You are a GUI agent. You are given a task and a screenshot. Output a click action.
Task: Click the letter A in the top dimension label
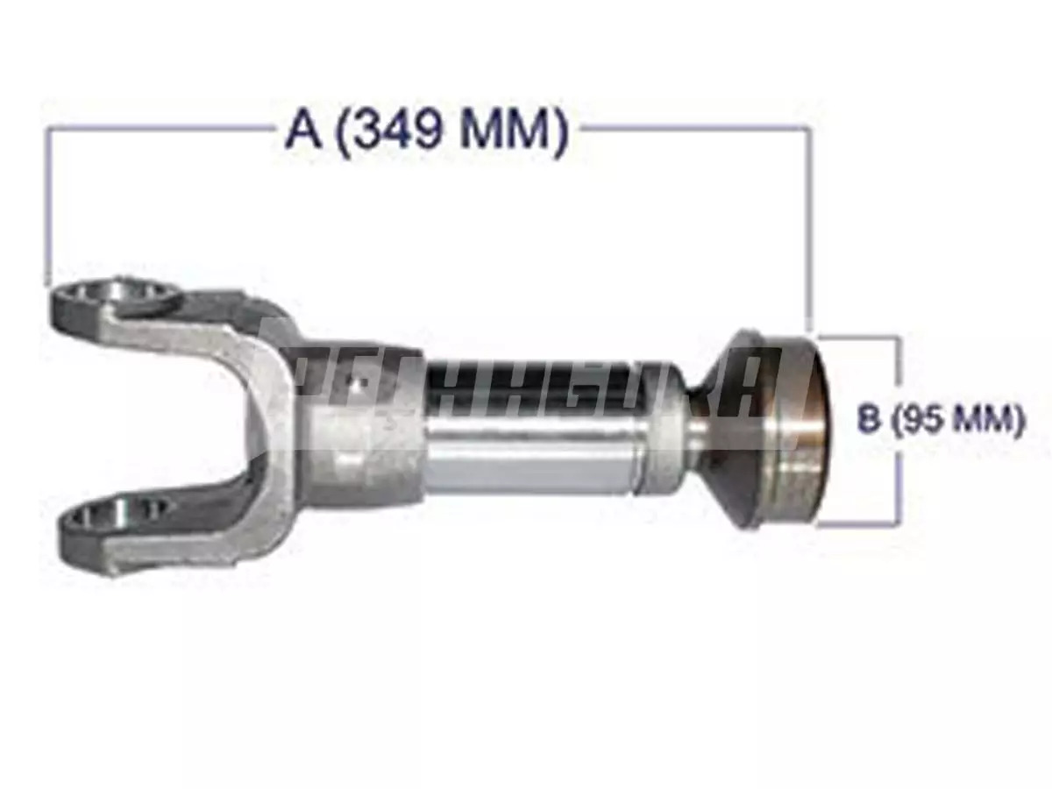click(301, 134)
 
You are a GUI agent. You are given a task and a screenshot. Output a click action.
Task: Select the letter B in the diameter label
click(868, 421)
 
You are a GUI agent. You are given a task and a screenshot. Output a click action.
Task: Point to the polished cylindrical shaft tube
click(535, 430)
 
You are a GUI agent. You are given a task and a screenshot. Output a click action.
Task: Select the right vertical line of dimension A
click(809, 228)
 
